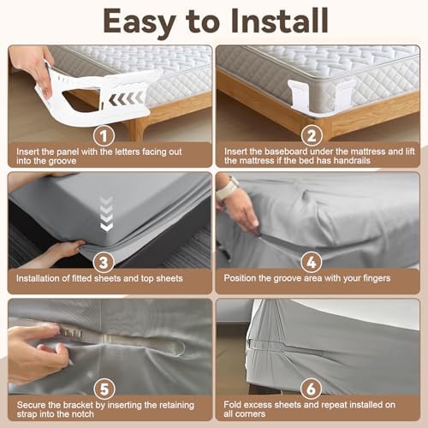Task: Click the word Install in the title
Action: [x=280, y=21]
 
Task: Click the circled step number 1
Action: [x=104, y=136]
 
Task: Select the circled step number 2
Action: [x=312, y=136]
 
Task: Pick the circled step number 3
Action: [x=104, y=263]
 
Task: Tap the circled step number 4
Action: [x=312, y=263]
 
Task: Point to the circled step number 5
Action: [x=104, y=389]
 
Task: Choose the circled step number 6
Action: [x=311, y=389]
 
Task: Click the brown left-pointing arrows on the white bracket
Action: [x=126, y=98]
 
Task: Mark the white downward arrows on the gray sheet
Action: [x=107, y=214]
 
